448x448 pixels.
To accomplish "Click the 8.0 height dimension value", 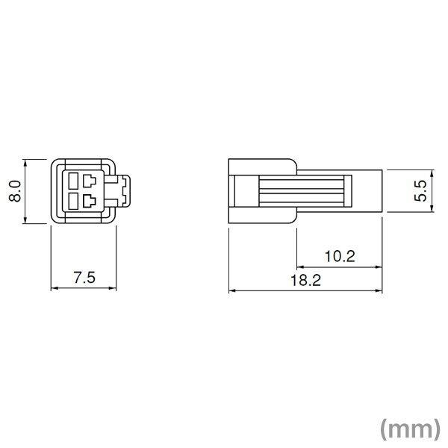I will pyautogui.click(x=13, y=191).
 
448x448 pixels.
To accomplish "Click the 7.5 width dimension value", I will pyautogui.click(x=84, y=278).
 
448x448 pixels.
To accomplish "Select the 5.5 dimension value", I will pyautogui.click(x=421, y=191).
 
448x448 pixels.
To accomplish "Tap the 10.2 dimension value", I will pyautogui.click(x=340, y=256).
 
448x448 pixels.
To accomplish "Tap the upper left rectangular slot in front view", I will pyautogui.click(x=73, y=181).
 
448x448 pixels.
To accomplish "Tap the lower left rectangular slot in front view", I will pyautogui.click(x=73, y=200).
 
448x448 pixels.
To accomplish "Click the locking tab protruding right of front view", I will pyautogui.click(x=123, y=190).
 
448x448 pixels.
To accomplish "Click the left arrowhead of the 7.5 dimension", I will pyautogui.click(x=53, y=288).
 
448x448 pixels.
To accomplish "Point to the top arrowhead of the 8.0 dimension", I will pyautogui.click(x=26, y=162).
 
